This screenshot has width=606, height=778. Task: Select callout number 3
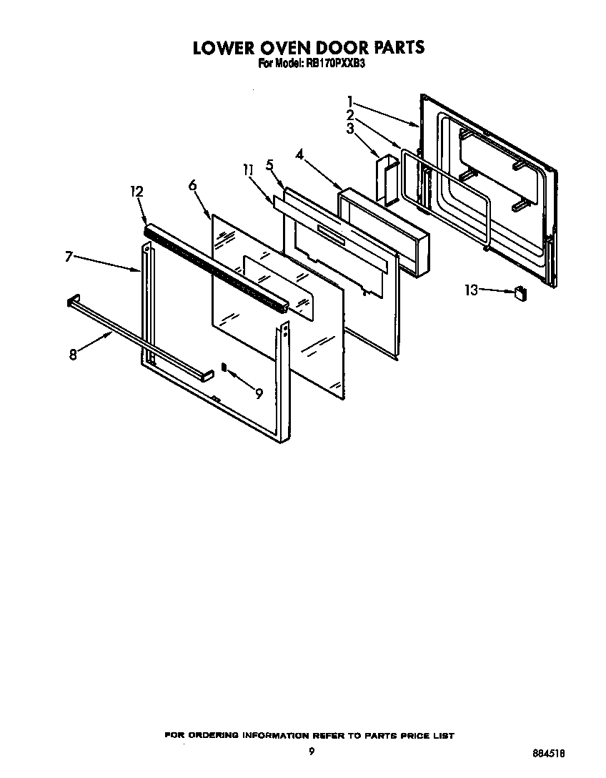(350, 129)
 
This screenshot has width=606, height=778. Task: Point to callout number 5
(269, 164)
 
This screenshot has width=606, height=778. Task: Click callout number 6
(193, 185)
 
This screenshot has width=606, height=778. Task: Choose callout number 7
(69, 257)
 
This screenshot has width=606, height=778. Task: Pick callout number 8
(73, 354)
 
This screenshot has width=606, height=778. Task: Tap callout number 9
(259, 393)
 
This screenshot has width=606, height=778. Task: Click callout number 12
(136, 192)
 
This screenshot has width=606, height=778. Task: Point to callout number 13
(472, 290)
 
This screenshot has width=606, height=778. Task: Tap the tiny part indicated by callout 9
(224, 368)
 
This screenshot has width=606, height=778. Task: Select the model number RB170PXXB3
(336, 62)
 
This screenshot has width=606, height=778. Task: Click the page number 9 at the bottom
(311, 751)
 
